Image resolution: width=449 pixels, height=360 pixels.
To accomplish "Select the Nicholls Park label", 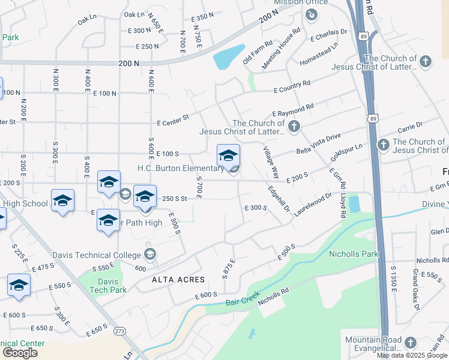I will (x=354, y=254).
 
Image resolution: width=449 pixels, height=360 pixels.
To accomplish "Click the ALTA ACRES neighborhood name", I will (x=178, y=280).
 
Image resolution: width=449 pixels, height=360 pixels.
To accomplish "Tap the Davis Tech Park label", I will (x=108, y=286).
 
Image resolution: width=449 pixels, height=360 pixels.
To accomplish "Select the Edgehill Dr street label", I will (x=279, y=199).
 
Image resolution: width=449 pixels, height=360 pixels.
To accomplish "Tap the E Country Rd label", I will (x=292, y=86).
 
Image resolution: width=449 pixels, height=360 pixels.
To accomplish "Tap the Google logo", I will (x=20, y=353).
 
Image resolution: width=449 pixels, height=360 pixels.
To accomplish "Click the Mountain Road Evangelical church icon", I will (x=410, y=343).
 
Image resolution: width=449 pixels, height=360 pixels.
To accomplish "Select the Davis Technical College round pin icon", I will (x=149, y=254).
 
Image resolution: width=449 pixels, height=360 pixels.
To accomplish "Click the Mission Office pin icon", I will (x=311, y=15).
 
